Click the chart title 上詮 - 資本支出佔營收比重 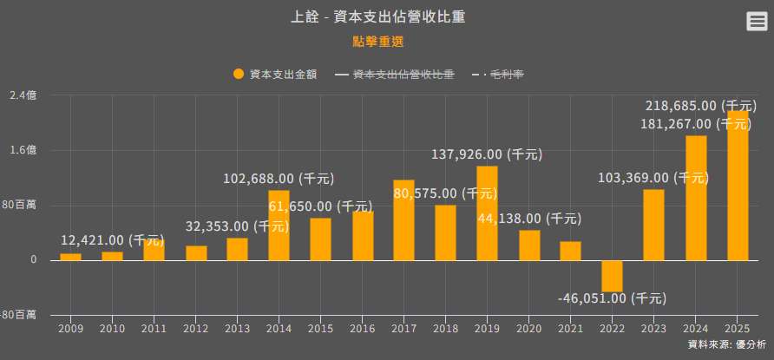point(386,17)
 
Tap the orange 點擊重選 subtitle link point(378,41)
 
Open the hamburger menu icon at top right point(757,23)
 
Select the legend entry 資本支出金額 point(275,75)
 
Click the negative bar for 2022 point(613,276)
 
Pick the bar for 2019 point(488,213)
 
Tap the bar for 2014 point(279,225)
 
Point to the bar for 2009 point(70,257)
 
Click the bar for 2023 point(653,225)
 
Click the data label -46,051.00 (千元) point(612,298)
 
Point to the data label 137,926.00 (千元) point(487,154)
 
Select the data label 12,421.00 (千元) point(112,240)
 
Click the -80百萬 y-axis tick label point(18,315)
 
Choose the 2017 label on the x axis point(403,329)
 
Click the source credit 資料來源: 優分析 point(726,345)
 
